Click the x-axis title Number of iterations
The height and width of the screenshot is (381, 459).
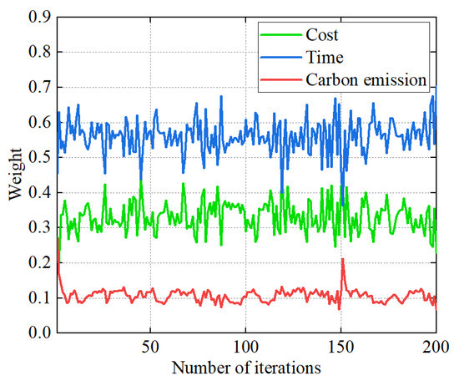coord(247,367)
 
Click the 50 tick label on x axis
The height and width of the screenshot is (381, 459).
coord(150,347)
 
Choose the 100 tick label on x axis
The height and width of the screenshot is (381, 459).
coord(245,347)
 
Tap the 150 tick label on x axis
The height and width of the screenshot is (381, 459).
coord(340,347)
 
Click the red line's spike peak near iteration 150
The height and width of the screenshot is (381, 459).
coord(342,260)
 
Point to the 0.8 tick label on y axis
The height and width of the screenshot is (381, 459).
coord(38,52)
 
